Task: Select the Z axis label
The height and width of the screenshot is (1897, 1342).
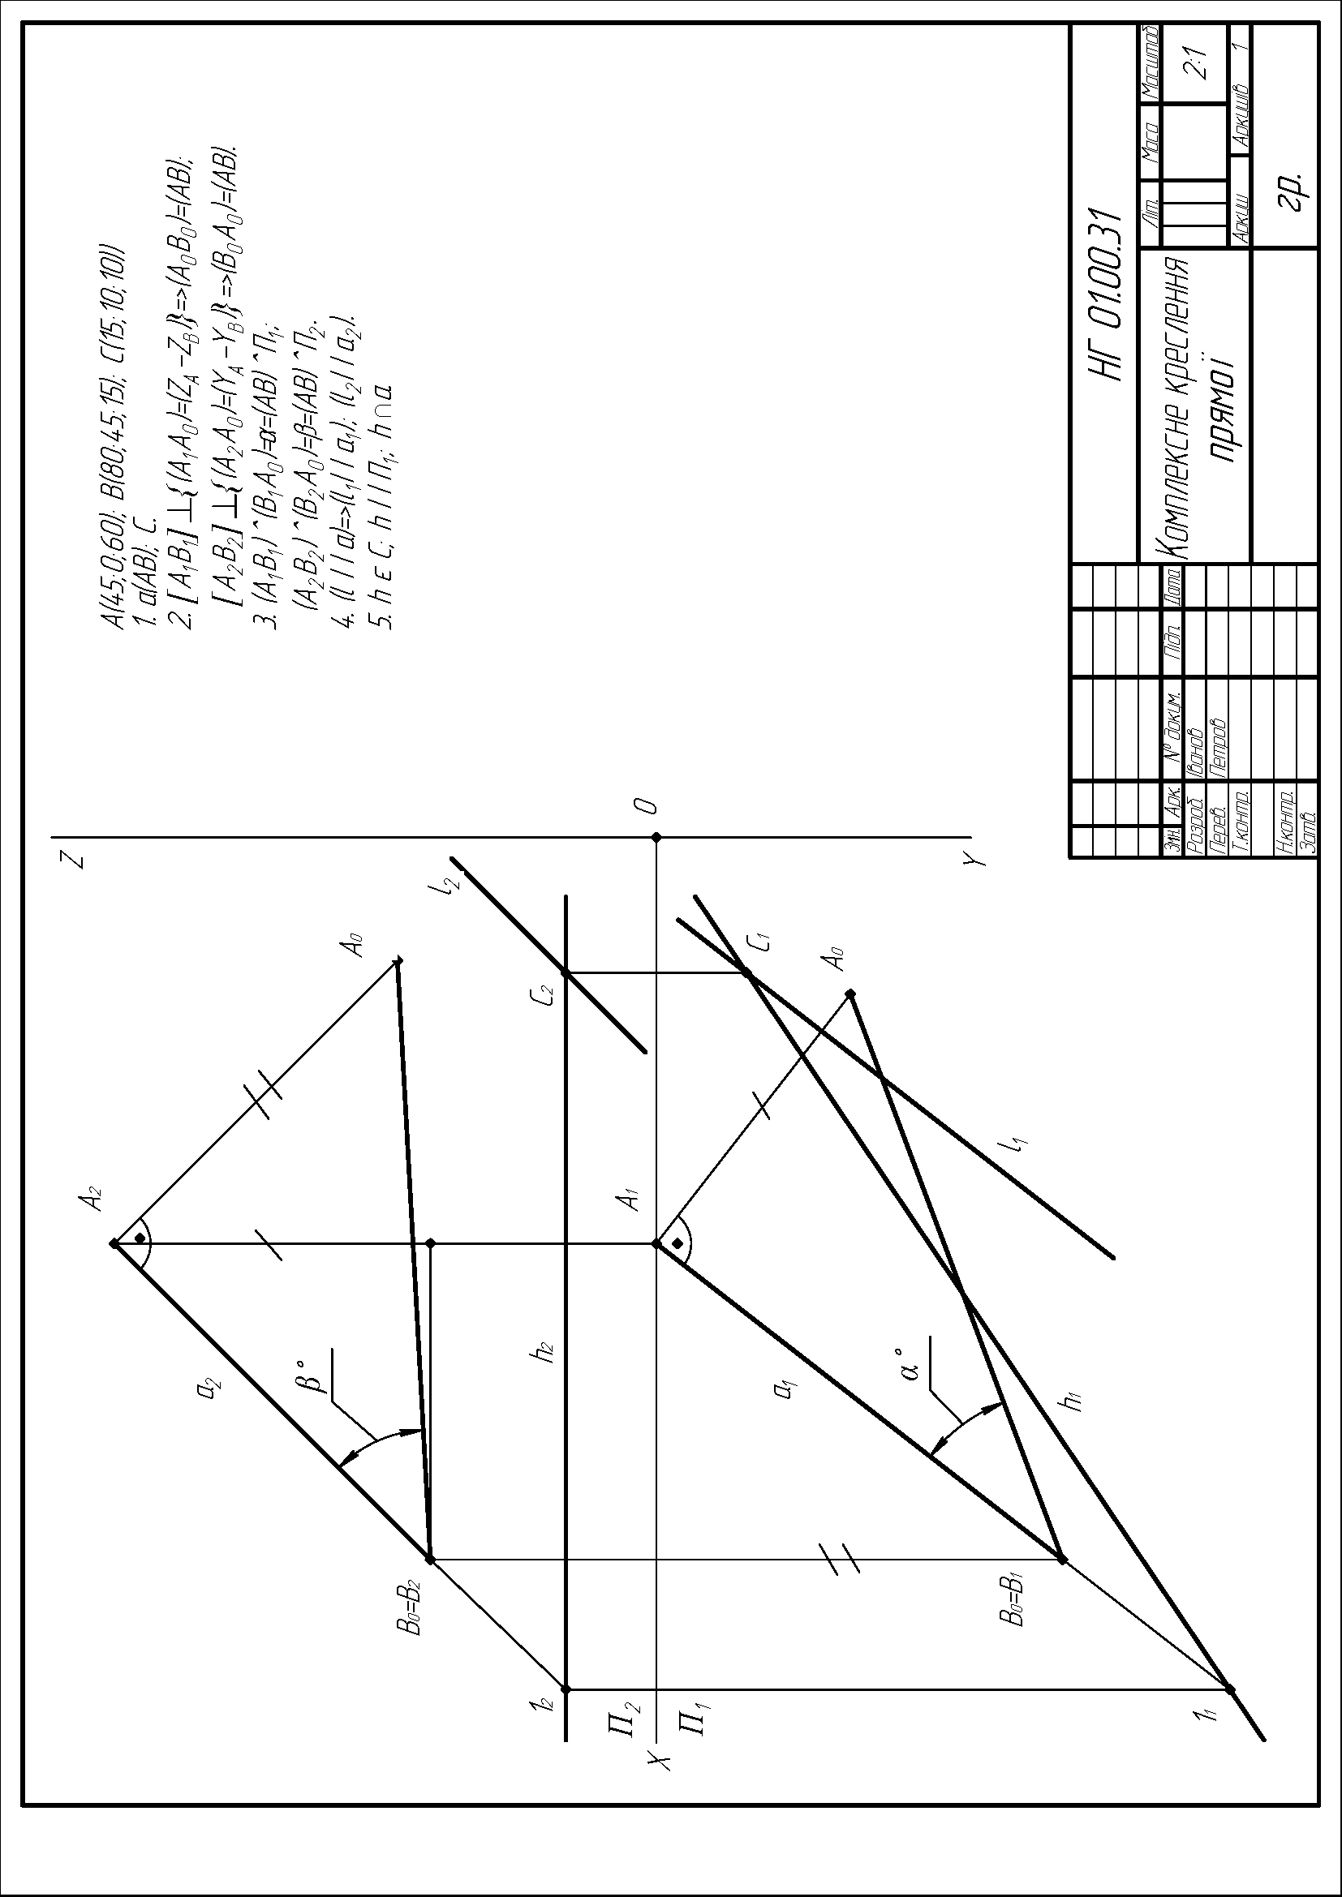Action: [x=76, y=859]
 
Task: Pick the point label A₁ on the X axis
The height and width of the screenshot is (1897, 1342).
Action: [x=631, y=1198]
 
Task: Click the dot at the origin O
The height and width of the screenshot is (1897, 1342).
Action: [x=656, y=837]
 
